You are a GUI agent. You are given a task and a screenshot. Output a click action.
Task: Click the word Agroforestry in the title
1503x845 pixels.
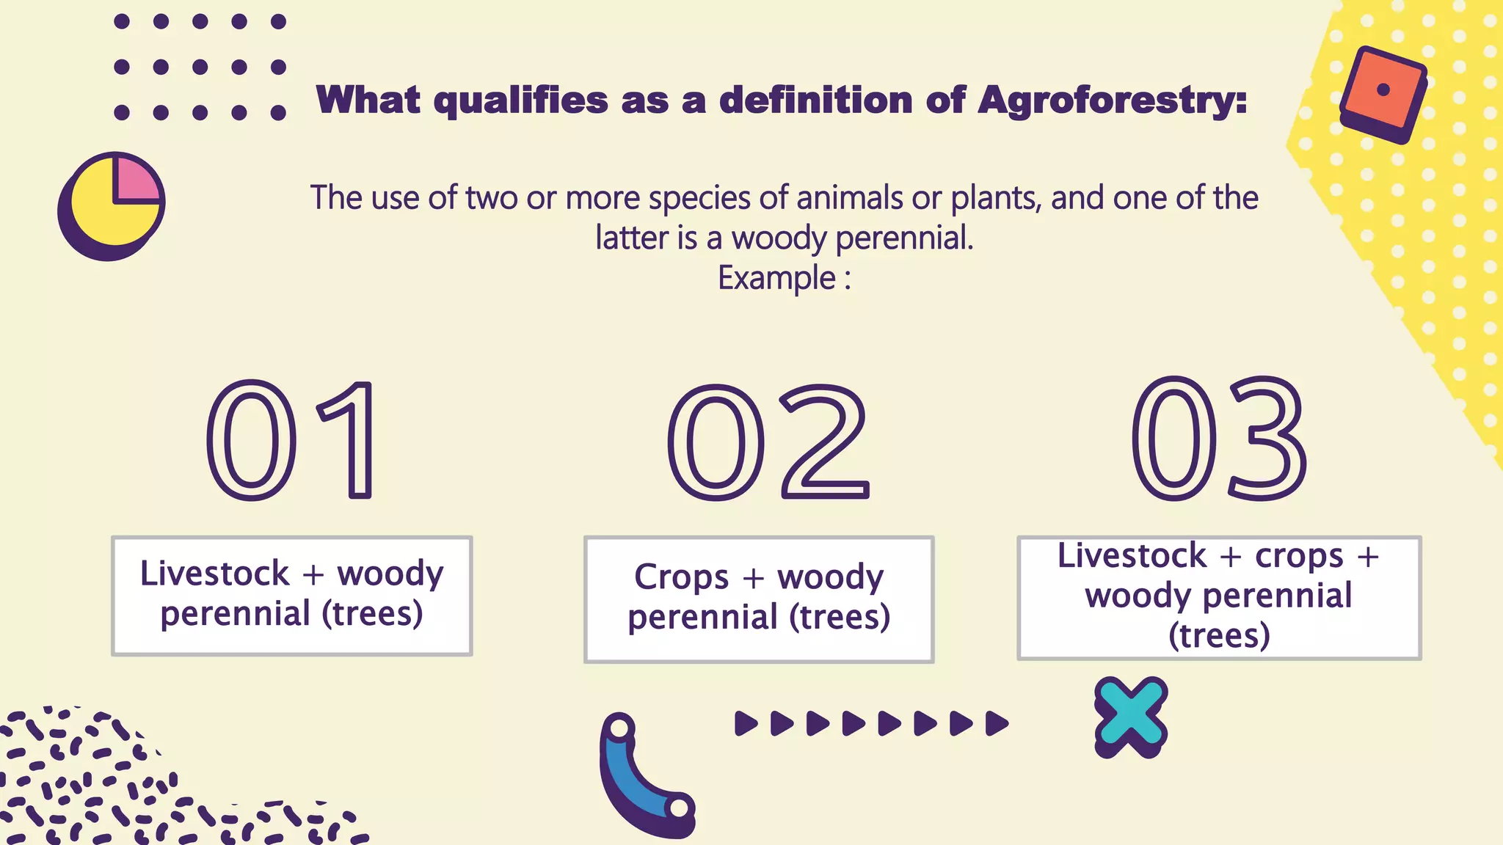(x=1112, y=100)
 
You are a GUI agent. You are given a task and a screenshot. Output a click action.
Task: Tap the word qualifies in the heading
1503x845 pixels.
(x=520, y=100)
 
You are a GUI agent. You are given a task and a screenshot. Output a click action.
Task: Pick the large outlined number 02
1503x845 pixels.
(x=768, y=442)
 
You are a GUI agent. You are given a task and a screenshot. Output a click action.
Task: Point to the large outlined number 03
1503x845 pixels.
(x=1219, y=439)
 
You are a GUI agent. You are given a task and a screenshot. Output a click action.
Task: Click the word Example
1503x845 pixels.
(x=776, y=278)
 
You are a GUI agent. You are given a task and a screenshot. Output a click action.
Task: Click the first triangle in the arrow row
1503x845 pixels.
(x=745, y=723)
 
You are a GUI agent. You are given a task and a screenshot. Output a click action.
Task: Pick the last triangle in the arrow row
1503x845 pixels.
(x=996, y=723)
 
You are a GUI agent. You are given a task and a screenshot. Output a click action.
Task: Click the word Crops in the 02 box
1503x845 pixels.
(x=681, y=577)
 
